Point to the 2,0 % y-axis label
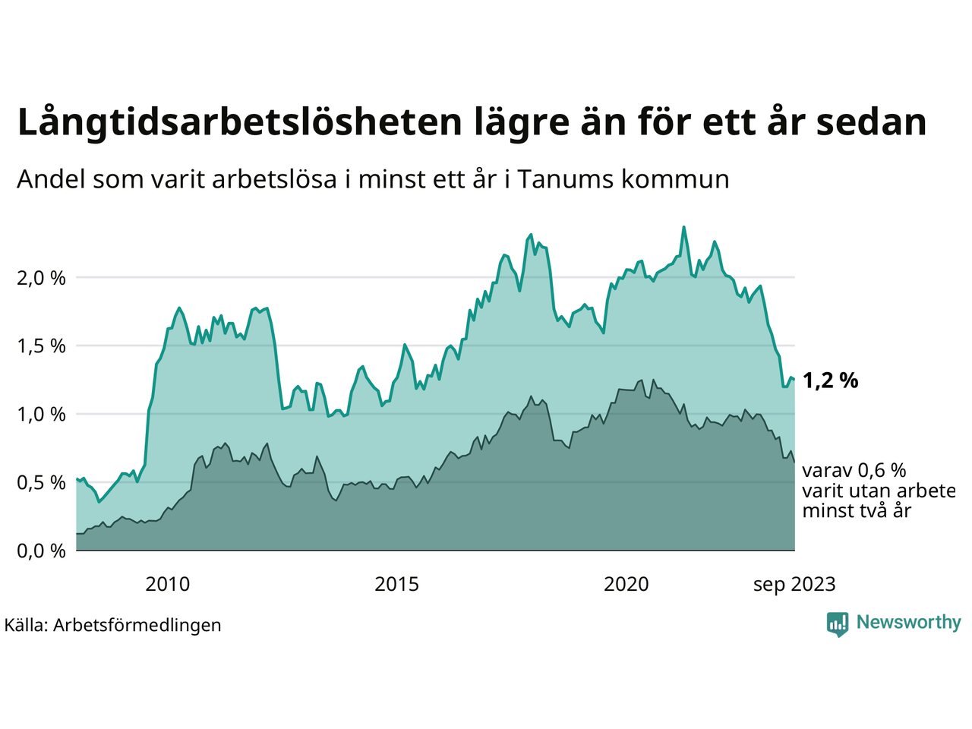pyautogui.click(x=41, y=278)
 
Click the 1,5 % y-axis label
pyautogui.click(x=41, y=346)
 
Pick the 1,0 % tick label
pyautogui.click(x=41, y=415)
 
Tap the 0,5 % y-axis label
pyautogui.click(x=41, y=483)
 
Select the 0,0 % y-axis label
pyautogui.click(x=41, y=551)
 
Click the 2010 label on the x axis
pyautogui.click(x=168, y=585)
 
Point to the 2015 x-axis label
pyautogui.click(x=397, y=585)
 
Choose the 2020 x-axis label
pyautogui.click(x=626, y=585)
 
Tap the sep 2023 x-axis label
pyautogui.click(x=794, y=585)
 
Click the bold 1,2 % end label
pyautogui.click(x=830, y=380)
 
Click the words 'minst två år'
pyautogui.click(x=857, y=511)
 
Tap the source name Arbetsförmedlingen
pyautogui.click(x=137, y=625)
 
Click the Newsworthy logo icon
pyautogui.click(x=838, y=624)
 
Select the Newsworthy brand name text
pyautogui.click(x=908, y=623)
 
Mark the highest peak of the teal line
pyautogui.click(x=684, y=227)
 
